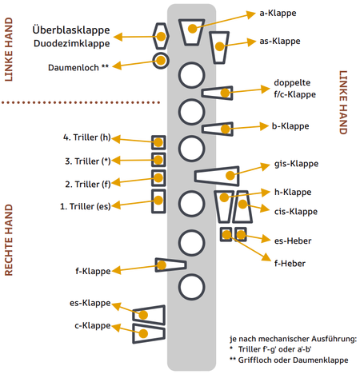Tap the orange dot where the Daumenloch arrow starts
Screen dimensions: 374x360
point(161,60)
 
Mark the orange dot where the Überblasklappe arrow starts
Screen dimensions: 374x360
point(161,36)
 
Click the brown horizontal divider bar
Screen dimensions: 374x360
point(81,102)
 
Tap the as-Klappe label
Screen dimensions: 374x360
point(281,41)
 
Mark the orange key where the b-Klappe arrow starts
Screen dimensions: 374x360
point(191,29)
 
